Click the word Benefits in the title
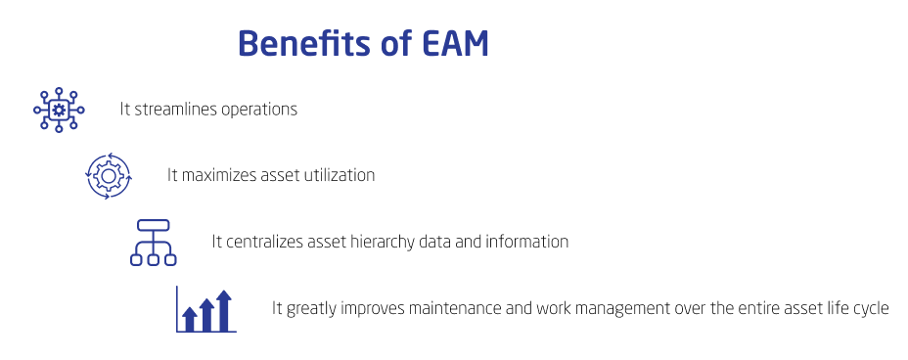click(304, 45)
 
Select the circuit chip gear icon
click(59, 109)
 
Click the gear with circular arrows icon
click(109, 175)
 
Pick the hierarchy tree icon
click(153, 242)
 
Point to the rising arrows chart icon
click(205, 309)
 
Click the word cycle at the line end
click(870, 308)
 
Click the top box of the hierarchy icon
click(153, 226)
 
